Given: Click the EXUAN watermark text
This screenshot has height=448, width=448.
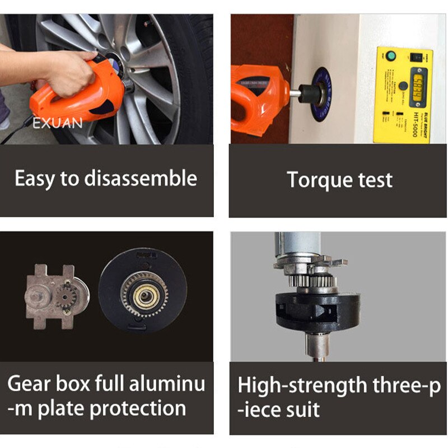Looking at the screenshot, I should (57, 123).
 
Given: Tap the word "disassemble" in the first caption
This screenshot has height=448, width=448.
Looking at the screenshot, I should (141, 179).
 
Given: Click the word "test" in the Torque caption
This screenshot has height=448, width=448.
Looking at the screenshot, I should (376, 180).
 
